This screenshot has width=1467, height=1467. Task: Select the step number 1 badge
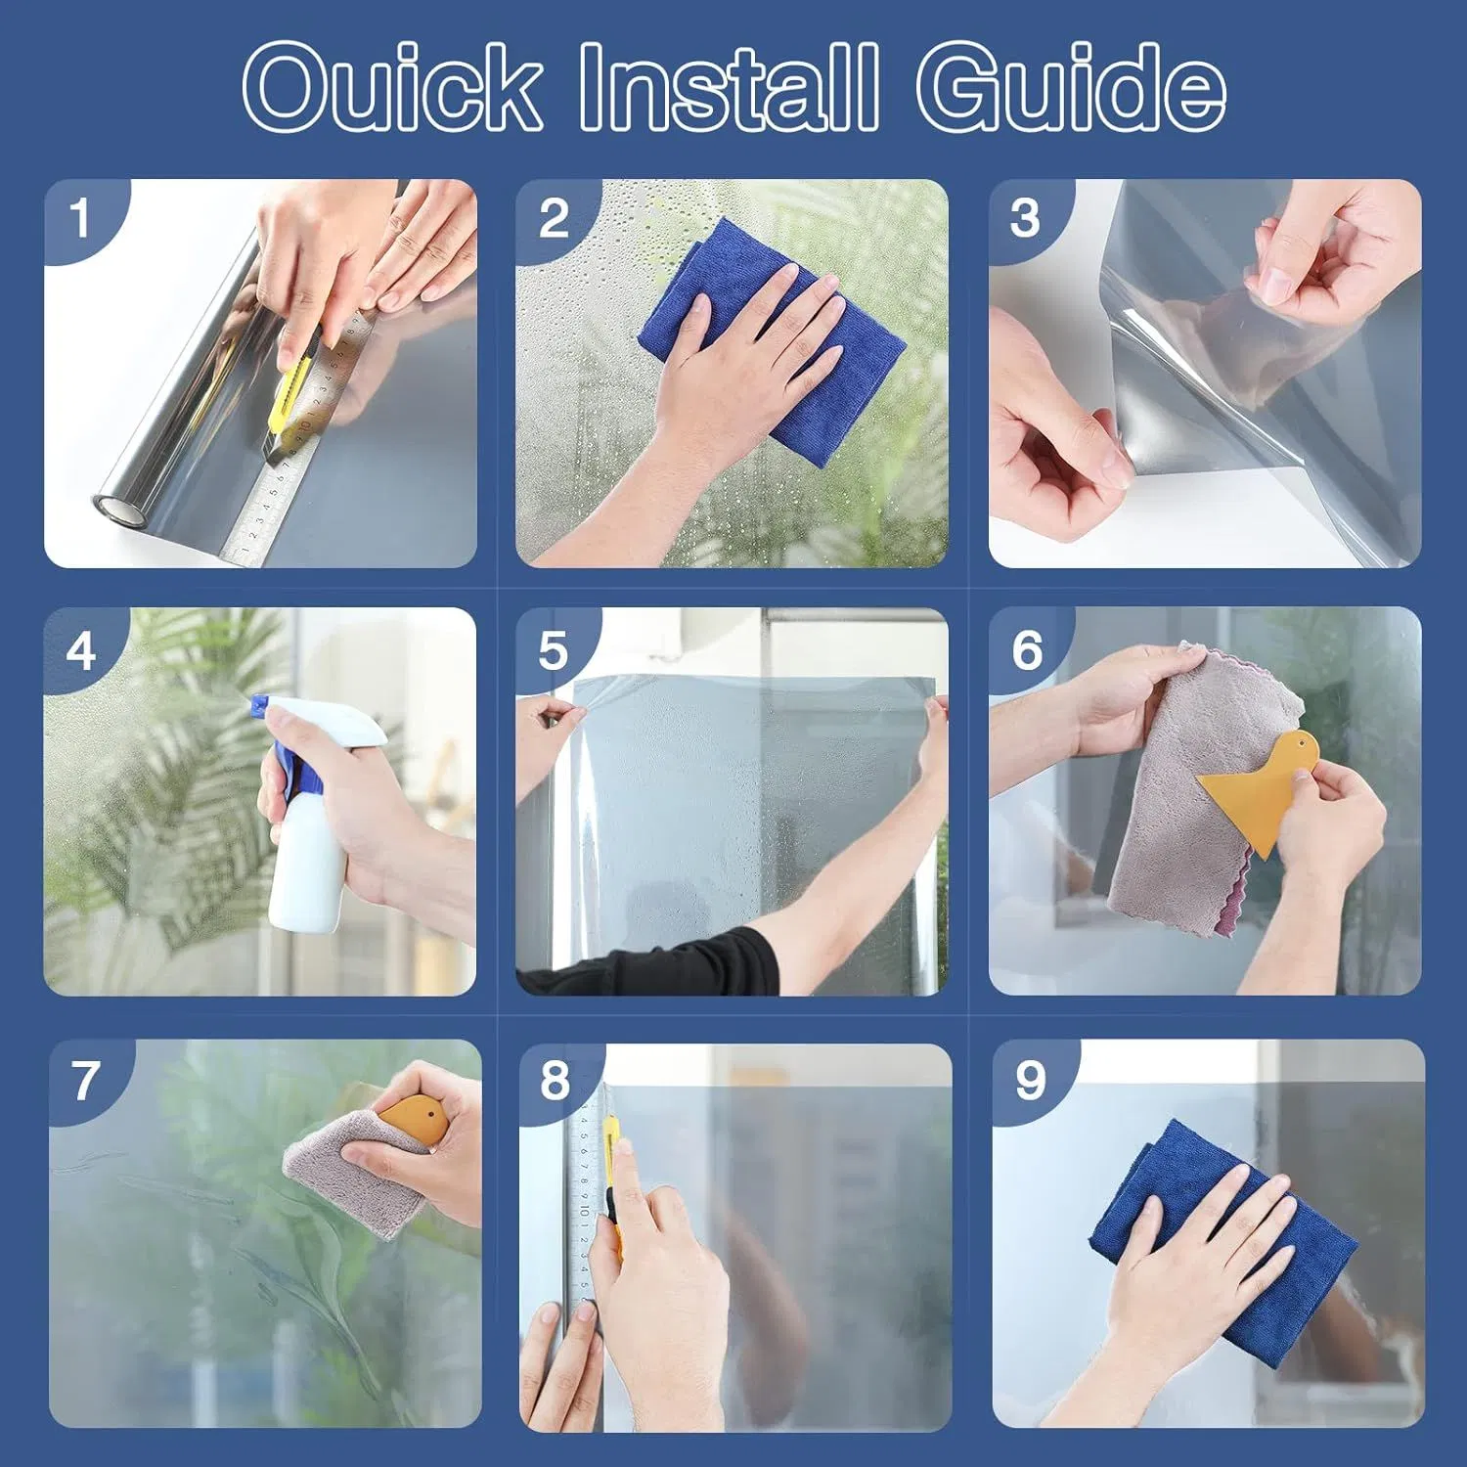[79, 217]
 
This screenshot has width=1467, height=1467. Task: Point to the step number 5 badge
[553, 650]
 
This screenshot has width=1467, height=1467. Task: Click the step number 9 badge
[1029, 1081]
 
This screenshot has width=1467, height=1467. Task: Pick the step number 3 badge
[1025, 217]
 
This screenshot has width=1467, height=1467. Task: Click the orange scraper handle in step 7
[411, 1115]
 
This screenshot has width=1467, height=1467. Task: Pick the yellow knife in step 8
[613, 1174]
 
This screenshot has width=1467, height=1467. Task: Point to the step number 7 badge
[86, 1081]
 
